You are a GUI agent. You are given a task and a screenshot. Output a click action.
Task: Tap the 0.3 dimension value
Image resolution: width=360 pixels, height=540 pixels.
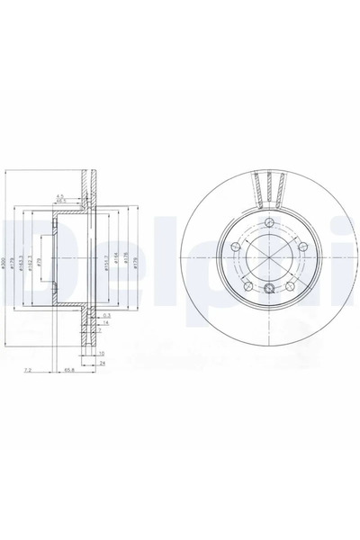tap(107, 316)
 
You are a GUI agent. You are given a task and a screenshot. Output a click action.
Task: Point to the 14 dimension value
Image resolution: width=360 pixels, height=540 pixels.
tap(105, 323)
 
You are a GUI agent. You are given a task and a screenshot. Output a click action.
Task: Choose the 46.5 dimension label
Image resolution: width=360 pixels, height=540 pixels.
tap(61, 202)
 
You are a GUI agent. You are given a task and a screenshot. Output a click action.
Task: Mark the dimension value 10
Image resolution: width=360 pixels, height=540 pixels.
tap(103, 354)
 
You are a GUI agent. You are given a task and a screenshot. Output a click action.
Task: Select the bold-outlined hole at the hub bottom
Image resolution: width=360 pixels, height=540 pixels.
tap(269, 288)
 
